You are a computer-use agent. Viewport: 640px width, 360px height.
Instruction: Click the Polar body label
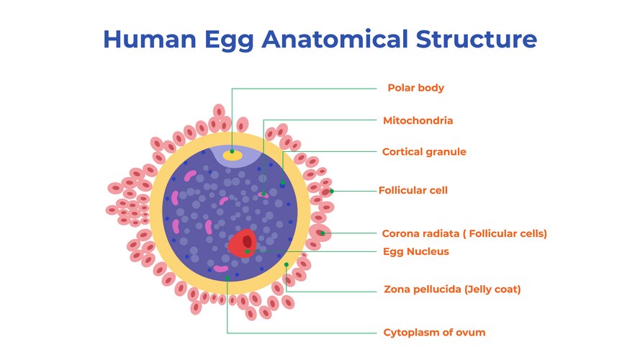pos(415,88)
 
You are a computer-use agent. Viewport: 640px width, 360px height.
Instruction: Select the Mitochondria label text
pos(418,120)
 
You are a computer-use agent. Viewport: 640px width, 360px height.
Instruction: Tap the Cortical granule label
pos(424,152)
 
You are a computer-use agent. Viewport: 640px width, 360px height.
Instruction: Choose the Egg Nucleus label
pos(416,251)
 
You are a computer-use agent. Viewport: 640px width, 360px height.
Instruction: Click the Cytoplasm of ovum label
pos(434,332)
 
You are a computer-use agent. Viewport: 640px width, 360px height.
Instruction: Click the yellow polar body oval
pos(232,153)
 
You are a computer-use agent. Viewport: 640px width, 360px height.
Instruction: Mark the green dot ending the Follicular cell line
pos(331,191)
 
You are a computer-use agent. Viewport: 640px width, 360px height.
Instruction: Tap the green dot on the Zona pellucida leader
pos(287,265)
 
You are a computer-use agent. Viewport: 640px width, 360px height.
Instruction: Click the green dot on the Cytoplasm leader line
pos(227,277)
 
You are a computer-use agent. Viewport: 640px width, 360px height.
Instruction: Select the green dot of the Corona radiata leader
pos(322,233)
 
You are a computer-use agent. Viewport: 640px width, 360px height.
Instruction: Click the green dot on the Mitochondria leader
pos(263,193)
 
